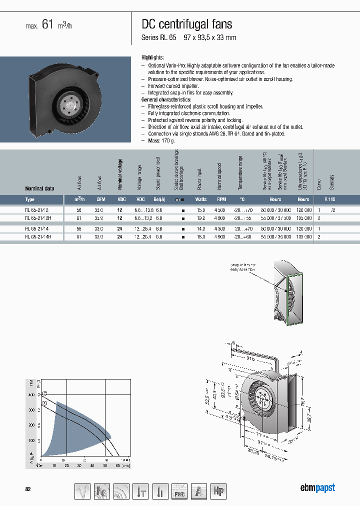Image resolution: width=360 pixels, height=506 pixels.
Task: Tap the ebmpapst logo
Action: click(317, 488)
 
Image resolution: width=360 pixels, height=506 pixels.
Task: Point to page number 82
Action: click(28, 488)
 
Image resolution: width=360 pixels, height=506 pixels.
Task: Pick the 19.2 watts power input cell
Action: click(201, 218)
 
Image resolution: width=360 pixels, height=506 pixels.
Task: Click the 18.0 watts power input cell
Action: click(201, 237)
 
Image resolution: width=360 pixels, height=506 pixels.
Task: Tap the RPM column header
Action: click(221, 199)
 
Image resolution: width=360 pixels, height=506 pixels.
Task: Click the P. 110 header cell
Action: click(330, 199)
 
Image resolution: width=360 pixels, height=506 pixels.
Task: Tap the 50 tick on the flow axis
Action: click(105, 465)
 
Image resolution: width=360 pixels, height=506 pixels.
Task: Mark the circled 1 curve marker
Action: click(44, 402)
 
